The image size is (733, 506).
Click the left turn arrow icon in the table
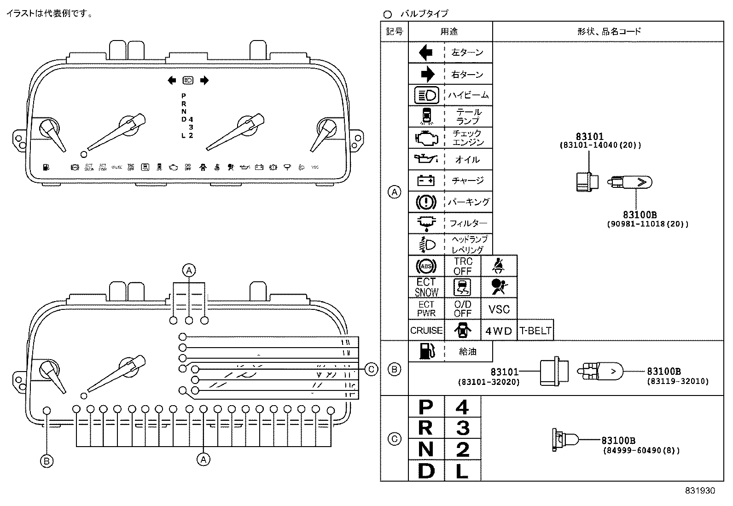click(x=426, y=52)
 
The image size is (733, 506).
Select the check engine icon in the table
click(x=426, y=138)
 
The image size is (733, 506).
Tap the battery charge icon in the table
click(x=426, y=180)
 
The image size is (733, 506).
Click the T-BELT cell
click(x=535, y=331)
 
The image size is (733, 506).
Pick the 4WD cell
click(x=499, y=331)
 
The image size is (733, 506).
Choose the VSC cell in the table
click(x=499, y=309)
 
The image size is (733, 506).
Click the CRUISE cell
click(x=426, y=331)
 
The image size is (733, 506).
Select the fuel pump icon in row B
click(x=426, y=351)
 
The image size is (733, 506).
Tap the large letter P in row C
click(x=426, y=407)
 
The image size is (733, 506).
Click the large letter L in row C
click(x=462, y=471)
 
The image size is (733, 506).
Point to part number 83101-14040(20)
click(x=600, y=145)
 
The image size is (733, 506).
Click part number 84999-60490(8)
click(x=641, y=451)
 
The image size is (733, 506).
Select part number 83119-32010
click(x=677, y=381)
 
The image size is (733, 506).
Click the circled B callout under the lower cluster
click(x=47, y=461)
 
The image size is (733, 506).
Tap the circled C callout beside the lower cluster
click(x=371, y=369)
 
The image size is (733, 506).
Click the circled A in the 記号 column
click(x=394, y=192)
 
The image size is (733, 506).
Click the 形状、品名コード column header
click(x=608, y=31)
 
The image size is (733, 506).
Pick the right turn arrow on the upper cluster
click(x=204, y=81)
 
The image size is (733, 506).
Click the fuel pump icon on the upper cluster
click(x=45, y=168)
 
